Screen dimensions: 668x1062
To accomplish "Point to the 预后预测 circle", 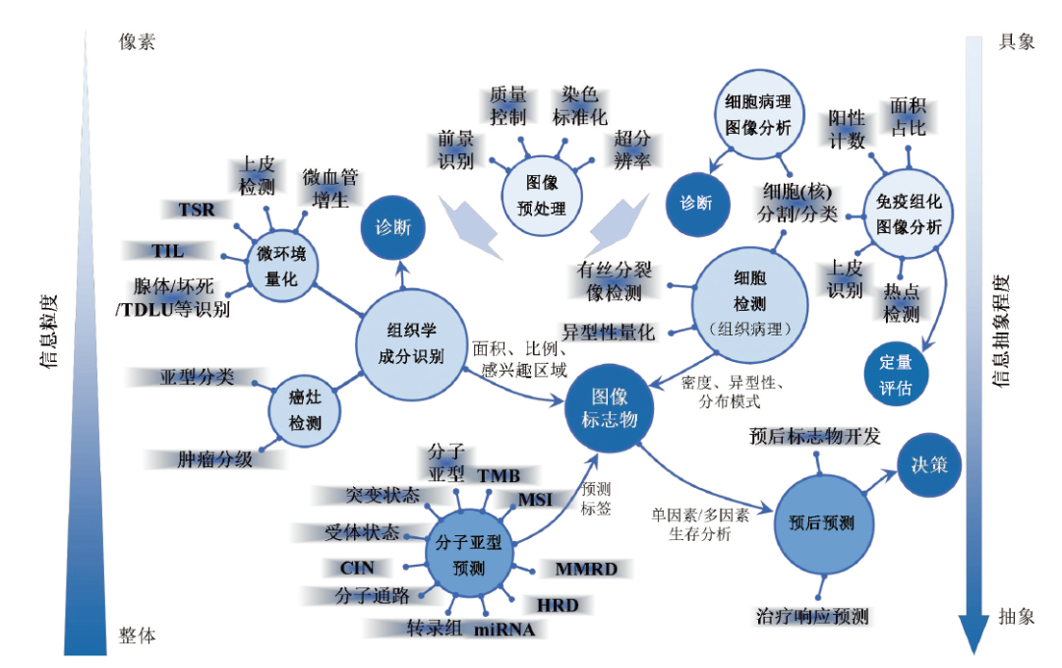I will [x=821, y=522].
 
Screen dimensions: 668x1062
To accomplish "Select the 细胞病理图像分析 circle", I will [x=757, y=115].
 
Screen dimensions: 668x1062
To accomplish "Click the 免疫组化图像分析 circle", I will [x=908, y=213].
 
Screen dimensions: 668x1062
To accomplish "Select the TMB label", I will [x=499, y=476].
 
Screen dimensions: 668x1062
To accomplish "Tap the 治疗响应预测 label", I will [x=812, y=617].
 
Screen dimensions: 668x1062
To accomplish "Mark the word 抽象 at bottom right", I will [x=1017, y=617].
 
